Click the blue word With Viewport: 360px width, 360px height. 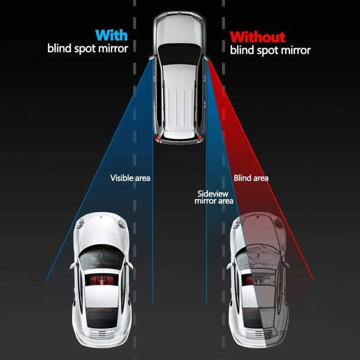(x=111, y=35)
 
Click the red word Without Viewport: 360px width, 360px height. (x=257, y=37)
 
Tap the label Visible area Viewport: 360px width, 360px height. (x=130, y=178)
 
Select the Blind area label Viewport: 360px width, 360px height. (x=251, y=178)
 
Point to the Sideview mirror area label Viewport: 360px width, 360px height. (x=214, y=198)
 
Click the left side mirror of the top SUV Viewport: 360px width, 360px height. (x=152, y=58)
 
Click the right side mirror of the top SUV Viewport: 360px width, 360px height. (x=207, y=58)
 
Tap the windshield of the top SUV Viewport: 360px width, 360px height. (x=179, y=53)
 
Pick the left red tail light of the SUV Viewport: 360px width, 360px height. (x=158, y=137)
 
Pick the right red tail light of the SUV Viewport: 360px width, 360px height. (x=201, y=137)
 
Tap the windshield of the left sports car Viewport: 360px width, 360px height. (x=101, y=258)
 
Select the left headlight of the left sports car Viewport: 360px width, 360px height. (x=80, y=223)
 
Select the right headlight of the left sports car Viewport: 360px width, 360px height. (x=122, y=223)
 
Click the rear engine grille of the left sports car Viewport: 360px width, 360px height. (x=102, y=334)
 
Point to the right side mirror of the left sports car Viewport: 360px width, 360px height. (x=130, y=265)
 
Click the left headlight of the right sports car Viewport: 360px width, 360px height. (x=236, y=224)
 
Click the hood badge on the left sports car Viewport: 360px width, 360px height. (x=100, y=217)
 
